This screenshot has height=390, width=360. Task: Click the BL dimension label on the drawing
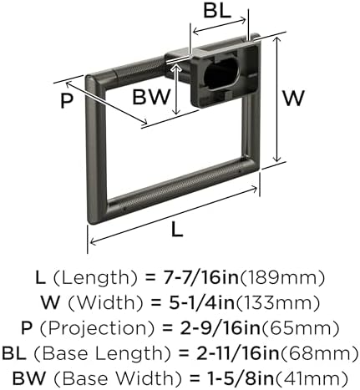(217, 11)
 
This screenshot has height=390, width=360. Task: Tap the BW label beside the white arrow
(151, 97)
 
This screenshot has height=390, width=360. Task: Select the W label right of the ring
(293, 98)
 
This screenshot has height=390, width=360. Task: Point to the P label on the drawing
(67, 100)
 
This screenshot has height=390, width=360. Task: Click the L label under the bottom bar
(177, 230)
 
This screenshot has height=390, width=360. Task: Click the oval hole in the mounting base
(221, 73)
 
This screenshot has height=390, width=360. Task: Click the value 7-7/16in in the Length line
(201, 277)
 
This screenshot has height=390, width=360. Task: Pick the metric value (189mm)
(282, 278)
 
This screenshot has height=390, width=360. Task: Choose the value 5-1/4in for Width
(202, 302)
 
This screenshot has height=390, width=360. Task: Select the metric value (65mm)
(300, 328)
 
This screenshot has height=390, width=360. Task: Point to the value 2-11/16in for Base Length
(238, 353)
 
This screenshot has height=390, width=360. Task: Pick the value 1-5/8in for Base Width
(241, 378)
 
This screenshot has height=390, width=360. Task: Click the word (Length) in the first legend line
(95, 278)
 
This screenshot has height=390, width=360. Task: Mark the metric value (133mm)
(278, 303)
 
